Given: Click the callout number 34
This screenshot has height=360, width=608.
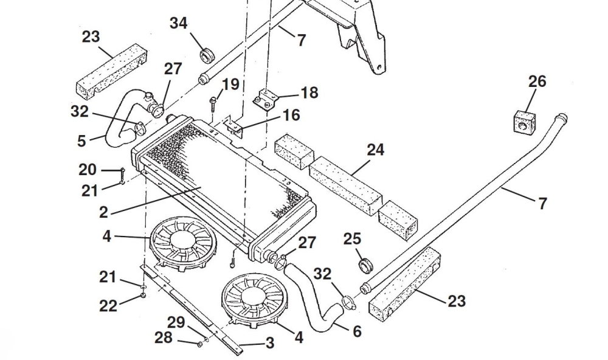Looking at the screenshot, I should pos(179,24).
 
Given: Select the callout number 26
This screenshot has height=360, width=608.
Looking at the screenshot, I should pos(537,81).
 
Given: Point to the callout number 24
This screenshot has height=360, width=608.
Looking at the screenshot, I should pos(375,150).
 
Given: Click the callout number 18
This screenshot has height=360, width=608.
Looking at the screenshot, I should pos(309,92).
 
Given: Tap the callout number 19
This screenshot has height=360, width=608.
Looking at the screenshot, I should pos(230,84).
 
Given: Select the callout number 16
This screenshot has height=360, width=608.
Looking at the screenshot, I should pos(291,115).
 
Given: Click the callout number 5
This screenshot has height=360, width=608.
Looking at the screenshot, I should pos(81,141).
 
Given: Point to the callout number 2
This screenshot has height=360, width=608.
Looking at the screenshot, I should pos(103,212).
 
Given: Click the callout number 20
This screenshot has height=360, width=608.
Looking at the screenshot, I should pos(87,169).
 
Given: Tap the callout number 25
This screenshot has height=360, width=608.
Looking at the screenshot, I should pos(352,239).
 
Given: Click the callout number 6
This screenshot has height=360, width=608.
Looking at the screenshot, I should pos(357,331).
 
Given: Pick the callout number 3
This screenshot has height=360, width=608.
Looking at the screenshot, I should pos(269,343).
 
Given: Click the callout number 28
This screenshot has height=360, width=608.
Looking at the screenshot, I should pos(163,337).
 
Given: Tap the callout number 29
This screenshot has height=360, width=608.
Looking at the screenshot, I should pos(176,323).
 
